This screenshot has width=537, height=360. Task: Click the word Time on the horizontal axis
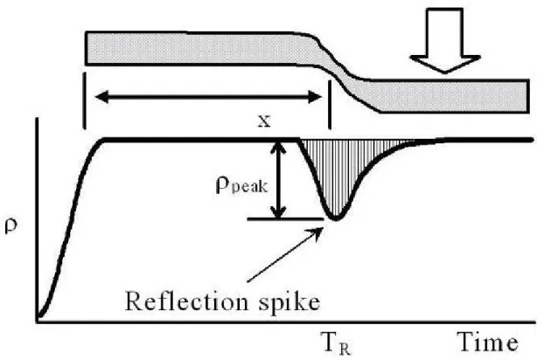(x=488, y=342)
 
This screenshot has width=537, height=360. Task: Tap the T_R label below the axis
(x=336, y=343)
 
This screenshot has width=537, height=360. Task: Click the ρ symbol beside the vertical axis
(x=10, y=225)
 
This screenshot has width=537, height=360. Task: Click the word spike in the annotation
(x=289, y=302)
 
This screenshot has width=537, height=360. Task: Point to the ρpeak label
(x=241, y=185)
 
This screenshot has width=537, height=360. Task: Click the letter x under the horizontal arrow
(x=264, y=121)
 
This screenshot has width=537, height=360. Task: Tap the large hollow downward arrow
(x=444, y=40)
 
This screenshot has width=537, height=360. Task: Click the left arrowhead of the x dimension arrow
(x=101, y=97)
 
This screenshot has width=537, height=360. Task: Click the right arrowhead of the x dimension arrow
(x=315, y=97)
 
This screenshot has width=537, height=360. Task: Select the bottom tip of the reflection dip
(x=335, y=219)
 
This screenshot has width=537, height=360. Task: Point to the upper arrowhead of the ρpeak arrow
(x=280, y=148)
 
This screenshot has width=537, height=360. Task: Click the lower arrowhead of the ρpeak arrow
(x=280, y=211)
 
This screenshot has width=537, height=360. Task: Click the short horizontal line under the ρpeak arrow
(x=285, y=218)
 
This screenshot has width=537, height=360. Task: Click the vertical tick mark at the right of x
(x=330, y=105)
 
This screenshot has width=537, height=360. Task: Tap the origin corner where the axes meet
(x=37, y=322)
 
